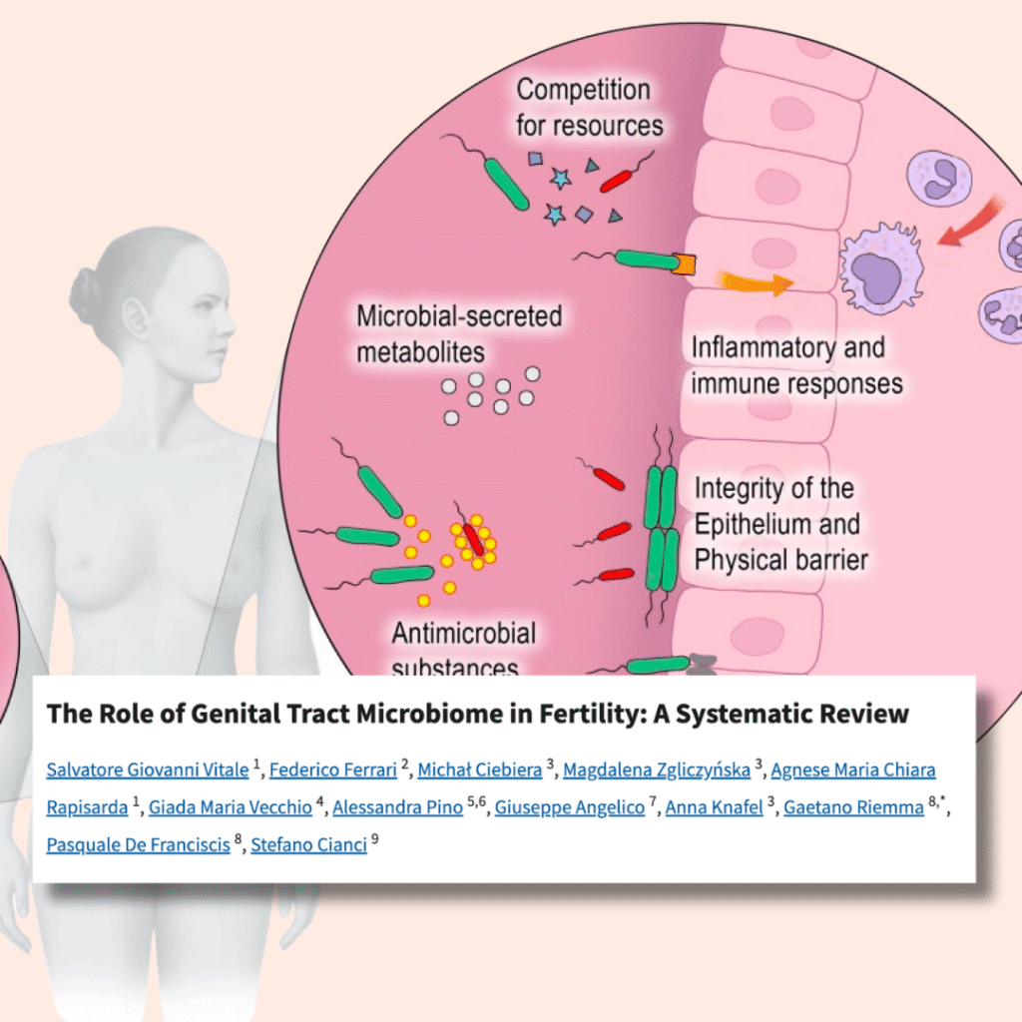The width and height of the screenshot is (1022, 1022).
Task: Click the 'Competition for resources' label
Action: (x=589, y=107)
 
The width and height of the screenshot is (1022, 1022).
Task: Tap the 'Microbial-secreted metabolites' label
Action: (x=459, y=333)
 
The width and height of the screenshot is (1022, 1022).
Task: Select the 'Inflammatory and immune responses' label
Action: (x=796, y=365)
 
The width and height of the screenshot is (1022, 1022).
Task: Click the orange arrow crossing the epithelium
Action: (x=758, y=282)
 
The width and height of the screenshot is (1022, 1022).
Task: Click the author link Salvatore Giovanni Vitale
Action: (x=147, y=769)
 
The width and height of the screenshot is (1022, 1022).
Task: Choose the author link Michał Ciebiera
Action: (x=479, y=769)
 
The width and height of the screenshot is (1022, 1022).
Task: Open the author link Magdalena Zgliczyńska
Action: (x=657, y=769)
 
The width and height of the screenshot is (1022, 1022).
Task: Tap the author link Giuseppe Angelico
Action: (x=570, y=807)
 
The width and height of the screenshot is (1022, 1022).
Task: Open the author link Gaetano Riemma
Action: (x=853, y=807)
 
